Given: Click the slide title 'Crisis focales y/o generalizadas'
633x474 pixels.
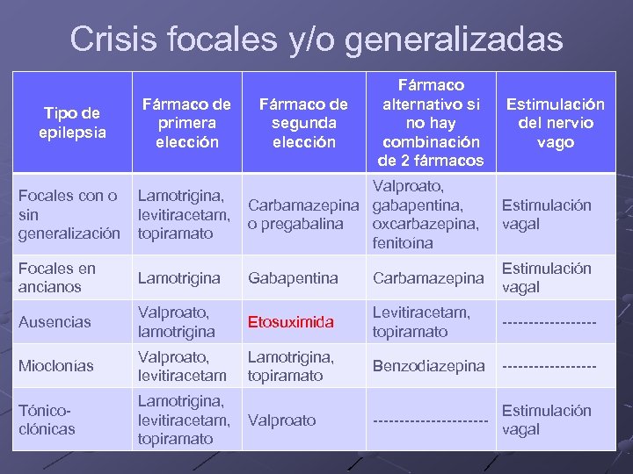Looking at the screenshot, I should tap(316, 39).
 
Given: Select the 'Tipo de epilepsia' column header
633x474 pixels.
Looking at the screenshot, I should tap(72, 123).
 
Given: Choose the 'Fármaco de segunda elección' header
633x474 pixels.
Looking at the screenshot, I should tap(303, 123).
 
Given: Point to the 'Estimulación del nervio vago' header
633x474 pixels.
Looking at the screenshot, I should tap(555, 123).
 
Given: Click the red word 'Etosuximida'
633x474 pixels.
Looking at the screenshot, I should tap(291, 322).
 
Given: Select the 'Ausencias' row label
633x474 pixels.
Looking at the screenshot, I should tap(55, 322).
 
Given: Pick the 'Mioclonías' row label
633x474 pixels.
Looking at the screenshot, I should tap(57, 366).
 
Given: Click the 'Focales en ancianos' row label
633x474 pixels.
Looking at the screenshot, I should tap(57, 277).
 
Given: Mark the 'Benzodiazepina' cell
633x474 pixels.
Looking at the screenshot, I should tap(429, 366).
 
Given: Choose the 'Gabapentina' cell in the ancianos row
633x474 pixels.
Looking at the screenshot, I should tap(293, 278).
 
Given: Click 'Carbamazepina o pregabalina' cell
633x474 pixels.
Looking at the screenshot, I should tap(303, 214).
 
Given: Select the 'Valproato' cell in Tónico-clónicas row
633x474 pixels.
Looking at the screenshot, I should tap(281, 420).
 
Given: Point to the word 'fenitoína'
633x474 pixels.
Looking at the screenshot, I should tap(404, 243).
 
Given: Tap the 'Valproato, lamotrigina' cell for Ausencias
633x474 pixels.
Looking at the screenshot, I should tap(176, 322).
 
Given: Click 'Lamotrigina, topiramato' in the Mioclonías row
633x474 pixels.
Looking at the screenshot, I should tap(291, 366).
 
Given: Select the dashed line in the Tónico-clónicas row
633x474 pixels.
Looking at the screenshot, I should tap(430, 422).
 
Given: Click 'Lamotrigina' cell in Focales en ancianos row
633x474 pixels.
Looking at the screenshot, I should tap(179, 278).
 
